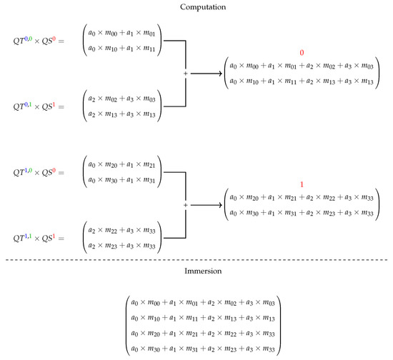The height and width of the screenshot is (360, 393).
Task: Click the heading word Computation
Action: coord(196,6)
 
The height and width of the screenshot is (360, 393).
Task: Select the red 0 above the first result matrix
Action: coord(302,52)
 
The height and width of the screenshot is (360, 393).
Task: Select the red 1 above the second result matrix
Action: coord(302,184)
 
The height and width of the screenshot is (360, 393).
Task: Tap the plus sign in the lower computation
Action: coord(185,205)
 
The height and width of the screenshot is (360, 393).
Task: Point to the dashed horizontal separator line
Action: coord(196,259)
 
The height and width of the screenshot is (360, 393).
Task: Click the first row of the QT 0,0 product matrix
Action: coord(122,33)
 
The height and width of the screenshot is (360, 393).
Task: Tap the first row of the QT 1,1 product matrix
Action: coord(122,231)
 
